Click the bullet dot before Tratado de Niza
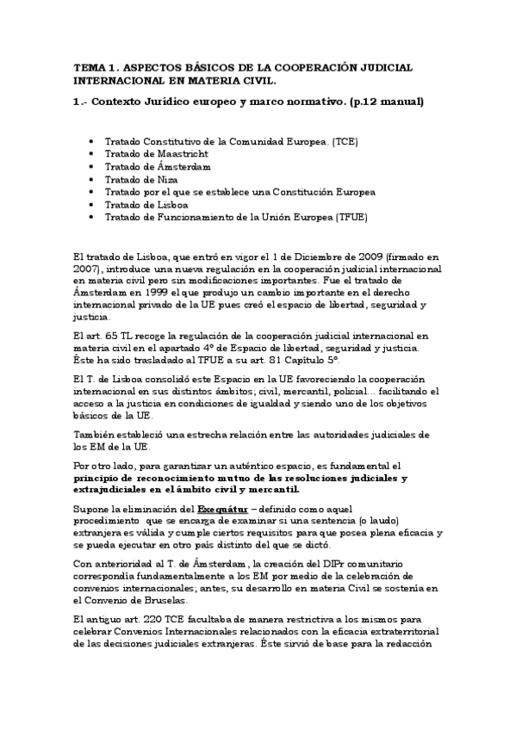tap(92, 179)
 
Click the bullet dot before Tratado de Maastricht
tap(92, 152)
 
